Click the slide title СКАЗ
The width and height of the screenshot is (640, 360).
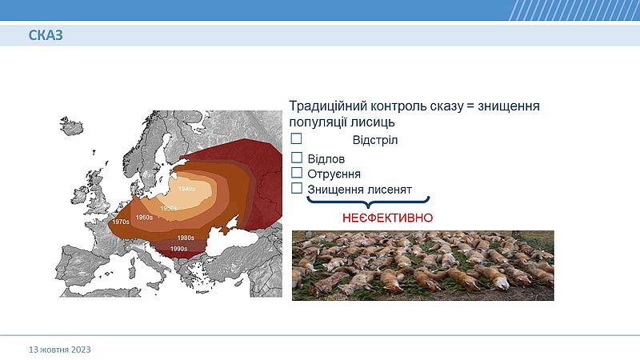(46, 35)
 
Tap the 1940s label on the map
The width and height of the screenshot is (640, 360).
(187, 189)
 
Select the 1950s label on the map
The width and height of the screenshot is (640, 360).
(169, 208)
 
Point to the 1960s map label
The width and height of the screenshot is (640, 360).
(144, 218)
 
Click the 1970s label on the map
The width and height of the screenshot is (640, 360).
(121, 222)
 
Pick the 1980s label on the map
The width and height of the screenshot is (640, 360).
(186, 238)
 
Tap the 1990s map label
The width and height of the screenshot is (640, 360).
(178, 249)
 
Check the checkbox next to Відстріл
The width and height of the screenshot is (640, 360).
(296, 138)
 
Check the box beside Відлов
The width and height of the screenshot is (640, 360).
(297, 158)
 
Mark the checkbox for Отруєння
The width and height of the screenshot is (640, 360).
(297, 173)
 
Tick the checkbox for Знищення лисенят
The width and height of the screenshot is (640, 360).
(297, 188)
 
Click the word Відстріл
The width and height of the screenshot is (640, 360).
(375, 141)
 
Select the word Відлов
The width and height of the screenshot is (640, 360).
(326, 158)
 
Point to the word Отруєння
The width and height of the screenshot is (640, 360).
(334, 174)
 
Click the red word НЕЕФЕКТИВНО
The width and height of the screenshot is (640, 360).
(388, 218)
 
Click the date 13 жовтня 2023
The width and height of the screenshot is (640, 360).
(59, 350)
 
